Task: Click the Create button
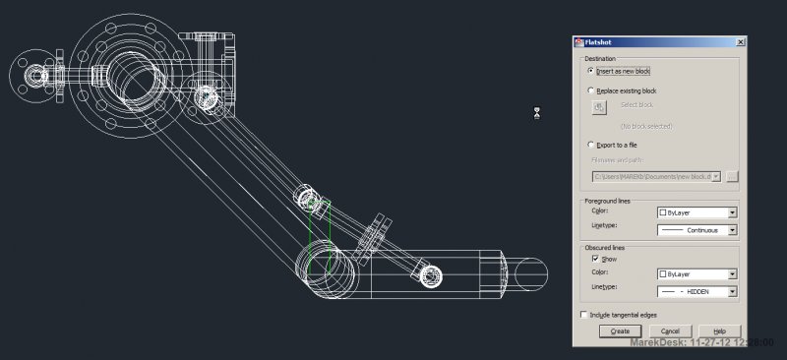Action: tap(620, 331)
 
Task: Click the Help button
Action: tap(719, 331)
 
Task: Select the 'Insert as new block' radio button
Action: tap(590, 71)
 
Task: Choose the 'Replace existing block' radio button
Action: tap(590, 90)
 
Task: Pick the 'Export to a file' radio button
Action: tap(590, 144)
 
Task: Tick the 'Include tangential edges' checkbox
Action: tap(583, 315)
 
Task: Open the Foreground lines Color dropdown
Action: tap(696, 211)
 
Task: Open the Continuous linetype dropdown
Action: tap(696, 230)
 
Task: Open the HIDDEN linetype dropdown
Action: tap(696, 291)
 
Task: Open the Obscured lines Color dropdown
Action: tap(696, 273)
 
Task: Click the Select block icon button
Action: tap(598, 107)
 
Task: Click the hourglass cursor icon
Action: tap(537, 113)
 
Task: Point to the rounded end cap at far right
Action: tap(531, 274)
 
